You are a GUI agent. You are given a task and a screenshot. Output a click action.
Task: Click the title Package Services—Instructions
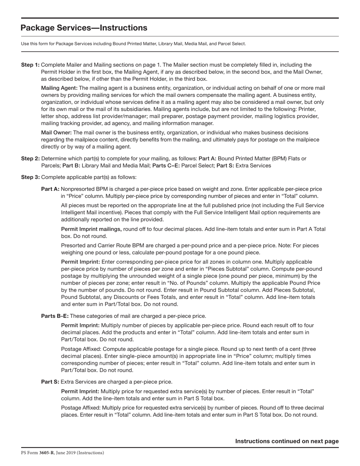(84, 28)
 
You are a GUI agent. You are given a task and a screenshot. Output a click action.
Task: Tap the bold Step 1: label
(30, 65)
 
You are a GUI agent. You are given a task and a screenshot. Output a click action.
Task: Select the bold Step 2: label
(30, 158)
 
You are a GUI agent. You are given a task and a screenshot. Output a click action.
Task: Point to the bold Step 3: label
(30, 177)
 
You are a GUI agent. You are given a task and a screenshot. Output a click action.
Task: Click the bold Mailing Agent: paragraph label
(59, 88)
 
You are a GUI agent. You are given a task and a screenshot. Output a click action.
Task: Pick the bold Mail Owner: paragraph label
(56, 133)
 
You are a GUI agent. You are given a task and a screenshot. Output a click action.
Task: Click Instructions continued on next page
(287, 441)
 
